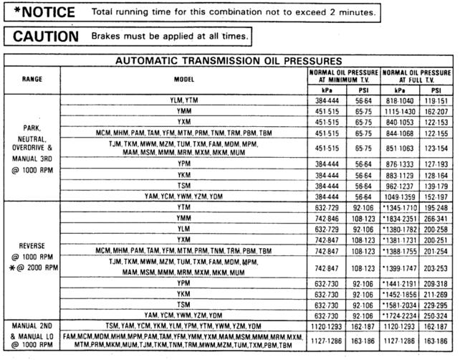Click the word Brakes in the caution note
pyautogui.click(x=106, y=36)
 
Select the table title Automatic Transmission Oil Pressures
pyautogui.click(x=229, y=61)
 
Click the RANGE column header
pyautogui.click(x=32, y=77)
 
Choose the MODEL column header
pyautogui.click(x=184, y=77)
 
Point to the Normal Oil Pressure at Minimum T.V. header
pyautogui.click(x=344, y=76)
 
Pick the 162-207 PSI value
pyautogui.click(x=436, y=113)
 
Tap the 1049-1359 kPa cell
pyautogui.click(x=400, y=196)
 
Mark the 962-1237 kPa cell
pyautogui.click(x=400, y=186)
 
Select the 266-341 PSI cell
pyautogui.click(x=436, y=218)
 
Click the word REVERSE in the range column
pyautogui.click(x=32, y=242)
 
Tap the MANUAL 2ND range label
pyautogui.click(x=32, y=326)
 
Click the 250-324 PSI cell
pyautogui.click(x=436, y=315)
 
